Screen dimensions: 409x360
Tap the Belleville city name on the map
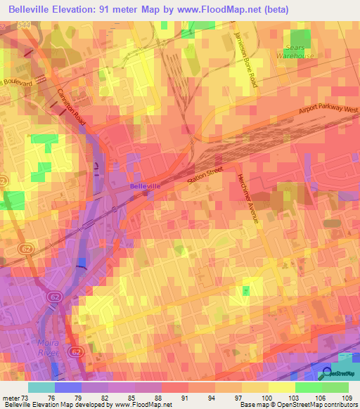(145, 186)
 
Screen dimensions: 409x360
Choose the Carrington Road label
(72, 108)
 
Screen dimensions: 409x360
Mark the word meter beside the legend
(11, 397)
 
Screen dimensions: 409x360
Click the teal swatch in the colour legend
(41, 387)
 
